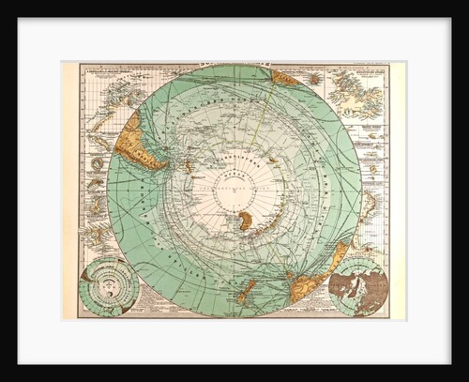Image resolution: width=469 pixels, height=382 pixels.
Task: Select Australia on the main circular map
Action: tap(309, 277)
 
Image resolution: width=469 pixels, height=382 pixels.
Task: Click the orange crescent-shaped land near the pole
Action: tap(246, 222)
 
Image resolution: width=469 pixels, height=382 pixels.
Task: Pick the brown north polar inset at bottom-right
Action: tap(360, 286)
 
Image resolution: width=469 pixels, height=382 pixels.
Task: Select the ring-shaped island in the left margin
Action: tap(98, 163)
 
